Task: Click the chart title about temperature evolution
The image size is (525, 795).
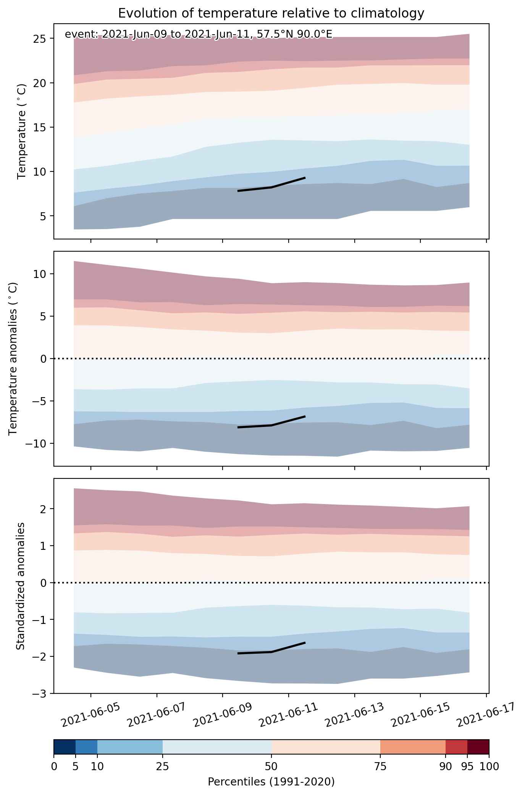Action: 271,13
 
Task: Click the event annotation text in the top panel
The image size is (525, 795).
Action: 199,34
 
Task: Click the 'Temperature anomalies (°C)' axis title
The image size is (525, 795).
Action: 13,358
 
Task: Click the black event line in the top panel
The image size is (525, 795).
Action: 271,187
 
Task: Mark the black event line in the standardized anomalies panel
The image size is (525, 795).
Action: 271,652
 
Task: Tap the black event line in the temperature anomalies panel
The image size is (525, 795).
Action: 271,425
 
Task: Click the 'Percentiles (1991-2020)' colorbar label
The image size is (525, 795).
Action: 271,782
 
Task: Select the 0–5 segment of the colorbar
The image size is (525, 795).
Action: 65,747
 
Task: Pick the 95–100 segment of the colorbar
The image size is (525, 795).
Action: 478,747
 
